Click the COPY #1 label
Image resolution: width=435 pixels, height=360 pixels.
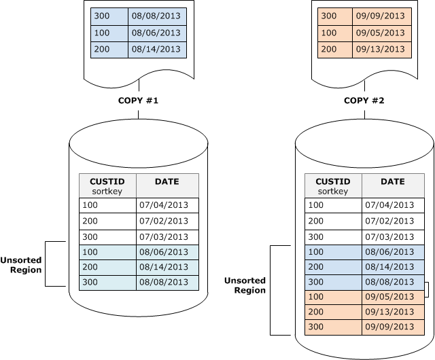tap(138, 100)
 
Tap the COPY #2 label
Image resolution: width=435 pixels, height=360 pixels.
tap(364, 100)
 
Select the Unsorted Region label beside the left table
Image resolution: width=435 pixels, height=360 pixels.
tap(21, 265)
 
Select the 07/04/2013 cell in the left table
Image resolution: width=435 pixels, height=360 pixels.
tap(167, 204)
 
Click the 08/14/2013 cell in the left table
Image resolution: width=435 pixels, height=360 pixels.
tap(167, 267)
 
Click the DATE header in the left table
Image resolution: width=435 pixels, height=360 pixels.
tap(167, 182)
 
